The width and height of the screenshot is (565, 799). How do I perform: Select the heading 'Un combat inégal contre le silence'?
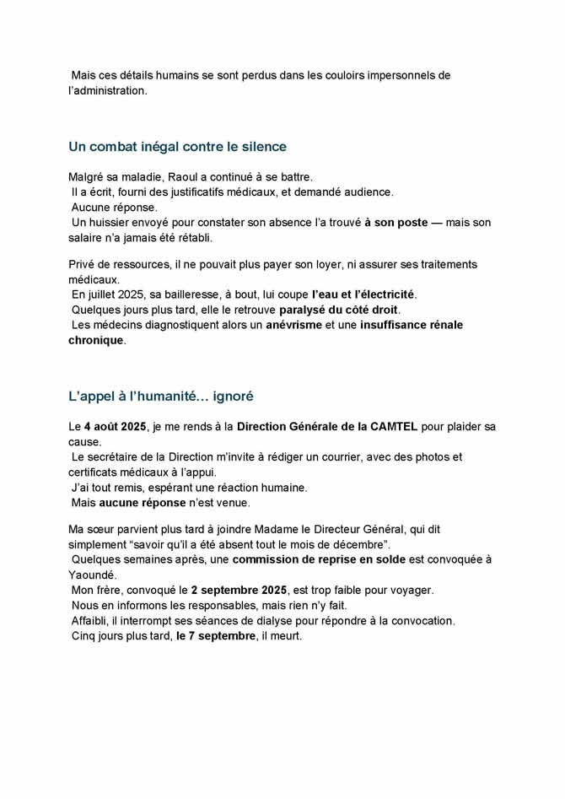point(177,147)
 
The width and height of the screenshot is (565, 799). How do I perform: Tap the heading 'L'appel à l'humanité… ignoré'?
point(161,396)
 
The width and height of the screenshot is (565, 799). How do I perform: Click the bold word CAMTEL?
point(395,427)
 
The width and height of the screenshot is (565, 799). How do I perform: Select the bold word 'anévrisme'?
point(295,325)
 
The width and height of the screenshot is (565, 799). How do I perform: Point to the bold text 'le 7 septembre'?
point(212,635)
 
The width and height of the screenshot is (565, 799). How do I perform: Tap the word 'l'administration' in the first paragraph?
point(107,90)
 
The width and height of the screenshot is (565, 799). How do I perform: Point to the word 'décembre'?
point(361,544)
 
